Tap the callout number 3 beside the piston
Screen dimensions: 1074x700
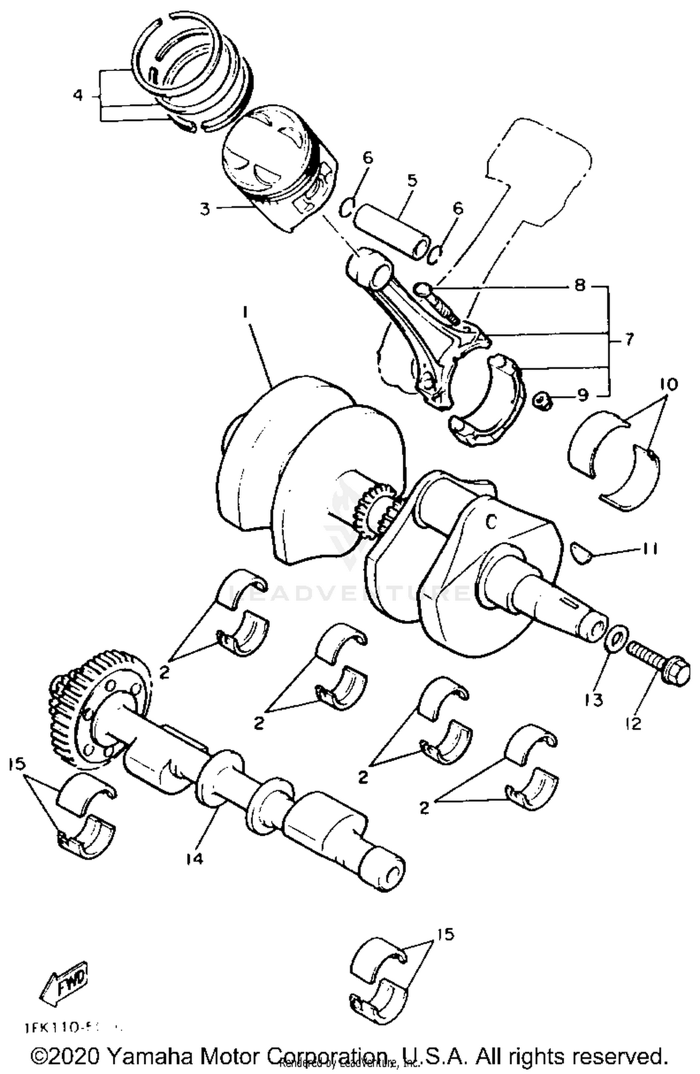[205, 209]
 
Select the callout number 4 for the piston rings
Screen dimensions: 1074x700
[78, 95]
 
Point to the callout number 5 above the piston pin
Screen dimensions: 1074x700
[412, 180]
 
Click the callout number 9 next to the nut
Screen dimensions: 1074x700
[583, 396]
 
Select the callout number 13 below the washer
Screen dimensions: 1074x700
[594, 699]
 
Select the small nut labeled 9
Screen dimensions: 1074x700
[543, 400]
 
